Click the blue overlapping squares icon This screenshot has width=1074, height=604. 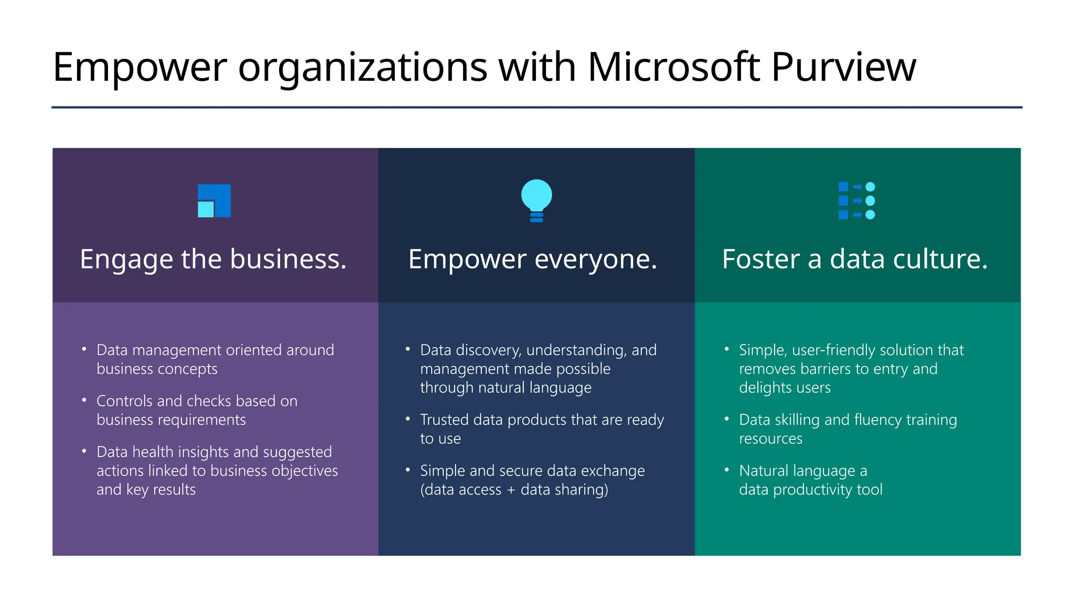point(214,201)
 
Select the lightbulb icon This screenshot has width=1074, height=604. point(536,200)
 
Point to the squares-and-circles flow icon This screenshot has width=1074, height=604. point(856,201)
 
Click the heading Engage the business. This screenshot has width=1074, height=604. point(213,259)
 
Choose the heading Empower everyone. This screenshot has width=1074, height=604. point(532,259)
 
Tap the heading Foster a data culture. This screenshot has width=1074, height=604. point(855,259)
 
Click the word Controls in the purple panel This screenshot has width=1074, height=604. point(124,401)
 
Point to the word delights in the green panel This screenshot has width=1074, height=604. point(762,388)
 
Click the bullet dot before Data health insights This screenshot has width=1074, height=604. point(84,451)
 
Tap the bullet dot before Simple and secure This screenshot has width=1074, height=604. point(407,470)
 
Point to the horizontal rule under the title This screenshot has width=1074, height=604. point(536,107)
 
